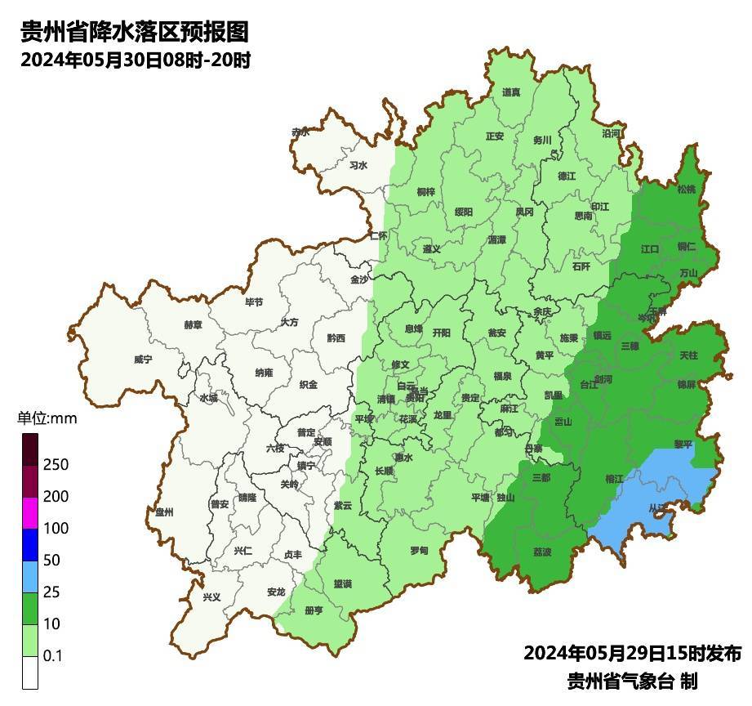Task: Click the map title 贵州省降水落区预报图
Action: click(x=135, y=32)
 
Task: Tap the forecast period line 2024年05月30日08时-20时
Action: click(x=135, y=60)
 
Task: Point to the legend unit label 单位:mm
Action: click(x=47, y=419)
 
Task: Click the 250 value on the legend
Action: click(x=56, y=465)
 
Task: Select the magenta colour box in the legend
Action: click(x=30, y=513)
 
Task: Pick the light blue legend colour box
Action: click(x=30, y=577)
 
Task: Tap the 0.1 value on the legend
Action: click(x=53, y=655)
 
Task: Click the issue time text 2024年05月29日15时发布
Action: click(x=632, y=653)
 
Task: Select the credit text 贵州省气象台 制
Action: click(x=632, y=681)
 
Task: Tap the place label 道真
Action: click(x=511, y=92)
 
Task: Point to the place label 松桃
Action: click(x=687, y=189)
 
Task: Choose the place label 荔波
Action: click(x=541, y=552)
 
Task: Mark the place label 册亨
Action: click(x=314, y=610)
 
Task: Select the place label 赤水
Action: click(x=300, y=132)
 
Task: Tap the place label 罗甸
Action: click(x=419, y=549)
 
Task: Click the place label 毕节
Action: click(x=254, y=302)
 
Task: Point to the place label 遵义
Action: click(x=432, y=248)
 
